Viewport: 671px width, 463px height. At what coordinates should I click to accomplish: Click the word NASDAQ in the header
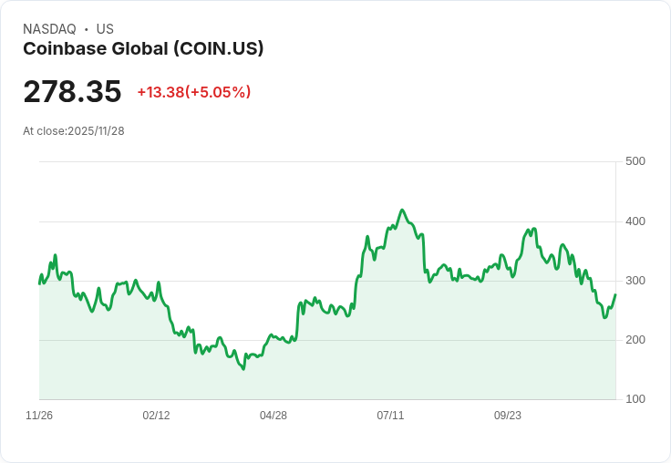point(49,29)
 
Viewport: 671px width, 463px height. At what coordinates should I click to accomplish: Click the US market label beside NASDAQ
point(105,29)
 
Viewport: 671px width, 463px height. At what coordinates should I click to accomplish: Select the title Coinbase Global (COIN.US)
point(143,48)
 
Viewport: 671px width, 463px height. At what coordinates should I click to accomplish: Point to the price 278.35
point(72,92)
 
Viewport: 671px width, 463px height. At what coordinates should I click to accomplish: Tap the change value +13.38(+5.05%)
point(194,92)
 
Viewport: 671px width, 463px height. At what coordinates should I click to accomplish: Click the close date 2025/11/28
point(96,131)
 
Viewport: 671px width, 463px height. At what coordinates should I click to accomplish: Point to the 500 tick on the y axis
point(635,161)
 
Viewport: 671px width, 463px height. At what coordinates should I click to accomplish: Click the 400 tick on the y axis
point(635,221)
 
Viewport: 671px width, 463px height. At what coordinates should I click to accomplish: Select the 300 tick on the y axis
point(635,281)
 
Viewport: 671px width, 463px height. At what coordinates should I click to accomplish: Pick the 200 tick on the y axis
point(635,340)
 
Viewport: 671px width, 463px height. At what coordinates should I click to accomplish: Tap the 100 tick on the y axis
point(635,399)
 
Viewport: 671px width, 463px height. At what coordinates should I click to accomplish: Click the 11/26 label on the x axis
point(39,416)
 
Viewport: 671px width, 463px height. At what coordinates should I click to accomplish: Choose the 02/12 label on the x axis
point(156,416)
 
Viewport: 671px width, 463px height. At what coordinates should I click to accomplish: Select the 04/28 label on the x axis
point(274,416)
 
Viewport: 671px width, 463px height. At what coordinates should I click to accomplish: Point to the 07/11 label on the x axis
point(390,416)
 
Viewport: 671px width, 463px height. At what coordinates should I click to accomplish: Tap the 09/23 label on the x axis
point(508,416)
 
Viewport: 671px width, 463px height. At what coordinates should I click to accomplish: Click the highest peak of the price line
point(402,210)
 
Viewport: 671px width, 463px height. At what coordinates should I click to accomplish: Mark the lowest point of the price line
point(243,369)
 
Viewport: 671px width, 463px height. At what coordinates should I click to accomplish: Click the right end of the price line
point(615,294)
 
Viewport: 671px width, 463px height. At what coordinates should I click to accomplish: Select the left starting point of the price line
point(39,283)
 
